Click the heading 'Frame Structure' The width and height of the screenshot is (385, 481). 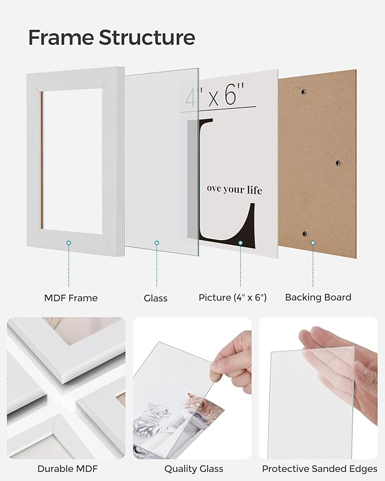(111, 37)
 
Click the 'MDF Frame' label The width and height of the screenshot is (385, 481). (71, 297)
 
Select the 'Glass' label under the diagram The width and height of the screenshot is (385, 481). (155, 297)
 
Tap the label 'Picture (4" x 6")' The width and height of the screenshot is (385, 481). (232, 297)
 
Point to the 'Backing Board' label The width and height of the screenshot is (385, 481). (318, 297)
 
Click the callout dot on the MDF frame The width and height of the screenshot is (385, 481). (69, 242)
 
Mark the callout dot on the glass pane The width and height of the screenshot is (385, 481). (157, 243)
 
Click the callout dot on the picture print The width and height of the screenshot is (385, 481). (240, 242)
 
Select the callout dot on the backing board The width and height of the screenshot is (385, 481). (312, 242)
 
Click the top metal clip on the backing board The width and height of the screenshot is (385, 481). (303, 91)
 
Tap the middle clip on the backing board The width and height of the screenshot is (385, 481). (337, 163)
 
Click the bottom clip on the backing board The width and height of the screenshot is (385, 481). (303, 233)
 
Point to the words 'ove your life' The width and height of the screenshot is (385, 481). (234, 189)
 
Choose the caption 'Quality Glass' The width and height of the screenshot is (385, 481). (193, 469)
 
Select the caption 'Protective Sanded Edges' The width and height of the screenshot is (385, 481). (319, 469)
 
